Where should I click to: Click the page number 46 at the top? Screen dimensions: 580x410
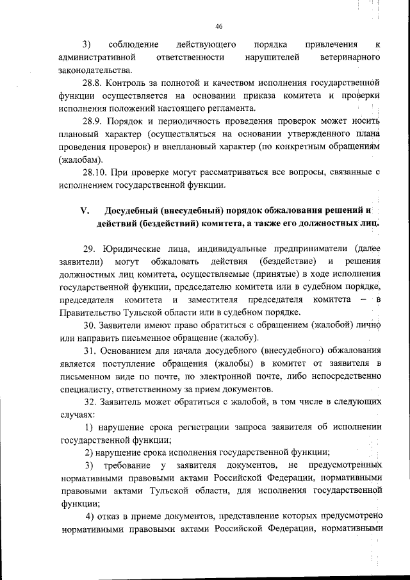coord(218,26)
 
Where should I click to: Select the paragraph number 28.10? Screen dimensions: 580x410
coord(97,172)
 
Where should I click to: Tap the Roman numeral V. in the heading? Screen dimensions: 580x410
coord(83,210)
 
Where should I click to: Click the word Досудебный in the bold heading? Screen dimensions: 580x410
coord(135,210)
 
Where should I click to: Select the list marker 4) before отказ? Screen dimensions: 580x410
coord(91,516)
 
